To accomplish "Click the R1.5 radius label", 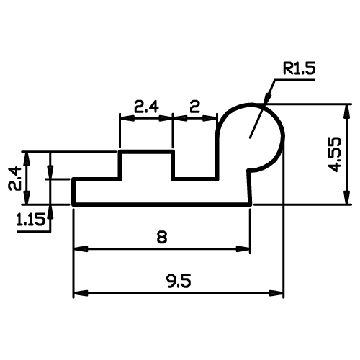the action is click(299, 68).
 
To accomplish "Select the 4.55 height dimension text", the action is click(334, 154).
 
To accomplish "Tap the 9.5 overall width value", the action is click(179, 282).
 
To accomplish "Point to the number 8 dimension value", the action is click(162, 237).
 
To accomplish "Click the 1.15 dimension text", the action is click(30, 220).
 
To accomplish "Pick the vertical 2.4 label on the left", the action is click(14, 179).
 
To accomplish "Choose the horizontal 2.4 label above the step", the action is click(146, 107).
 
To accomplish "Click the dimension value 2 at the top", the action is click(194, 107).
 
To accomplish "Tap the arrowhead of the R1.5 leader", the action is click(267, 98).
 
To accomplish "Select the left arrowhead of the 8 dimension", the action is click(81, 249).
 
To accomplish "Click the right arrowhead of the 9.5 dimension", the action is click(276, 293).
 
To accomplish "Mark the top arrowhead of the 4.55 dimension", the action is click(346, 112).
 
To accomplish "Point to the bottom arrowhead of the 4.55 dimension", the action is click(346, 197).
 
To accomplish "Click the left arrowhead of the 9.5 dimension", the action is click(81, 293).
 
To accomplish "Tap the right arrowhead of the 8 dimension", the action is click(243, 249).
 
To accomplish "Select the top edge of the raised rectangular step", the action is click(146, 152).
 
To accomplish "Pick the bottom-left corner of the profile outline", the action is click(73, 205).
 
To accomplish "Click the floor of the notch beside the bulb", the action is click(195, 179).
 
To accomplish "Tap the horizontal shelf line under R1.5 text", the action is click(294, 79).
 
